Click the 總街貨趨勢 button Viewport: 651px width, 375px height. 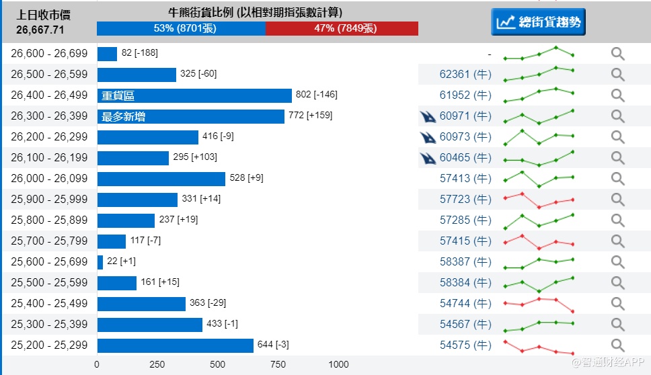pyautogui.click(x=538, y=22)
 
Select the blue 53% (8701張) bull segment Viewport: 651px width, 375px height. pyautogui.click(x=181, y=28)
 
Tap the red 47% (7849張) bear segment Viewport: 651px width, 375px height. pyautogui.click(x=342, y=28)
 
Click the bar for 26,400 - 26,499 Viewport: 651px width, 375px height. pyautogui.click(x=194, y=95)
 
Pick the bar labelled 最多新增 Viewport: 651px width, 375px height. pyautogui.click(x=190, y=116)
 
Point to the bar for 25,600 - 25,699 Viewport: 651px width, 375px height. pyautogui.click(x=100, y=262)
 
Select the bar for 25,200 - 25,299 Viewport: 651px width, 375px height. pyautogui.click(x=175, y=345)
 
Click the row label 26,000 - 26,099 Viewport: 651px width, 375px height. pyautogui.click(x=49, y=179)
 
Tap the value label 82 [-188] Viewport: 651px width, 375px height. pyautogui.click(x=139, y=53)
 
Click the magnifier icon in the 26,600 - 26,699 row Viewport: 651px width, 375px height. pyautogui.click(x=617, y=54)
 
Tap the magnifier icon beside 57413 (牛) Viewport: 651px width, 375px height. pyautogui.click(x=617, y=179)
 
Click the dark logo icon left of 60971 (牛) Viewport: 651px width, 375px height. pyautogui.click(x=428, y=117)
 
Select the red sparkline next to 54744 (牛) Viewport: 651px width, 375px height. pyautogui.click(x=539, y=303)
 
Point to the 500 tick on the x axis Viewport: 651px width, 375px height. pyautogui.click(x=217, y=364)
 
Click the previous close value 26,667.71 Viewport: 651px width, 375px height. pyautogui.click(x=40, y=30)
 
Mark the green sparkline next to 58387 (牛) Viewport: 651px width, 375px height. pyautogui.click(x=539, y=262)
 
